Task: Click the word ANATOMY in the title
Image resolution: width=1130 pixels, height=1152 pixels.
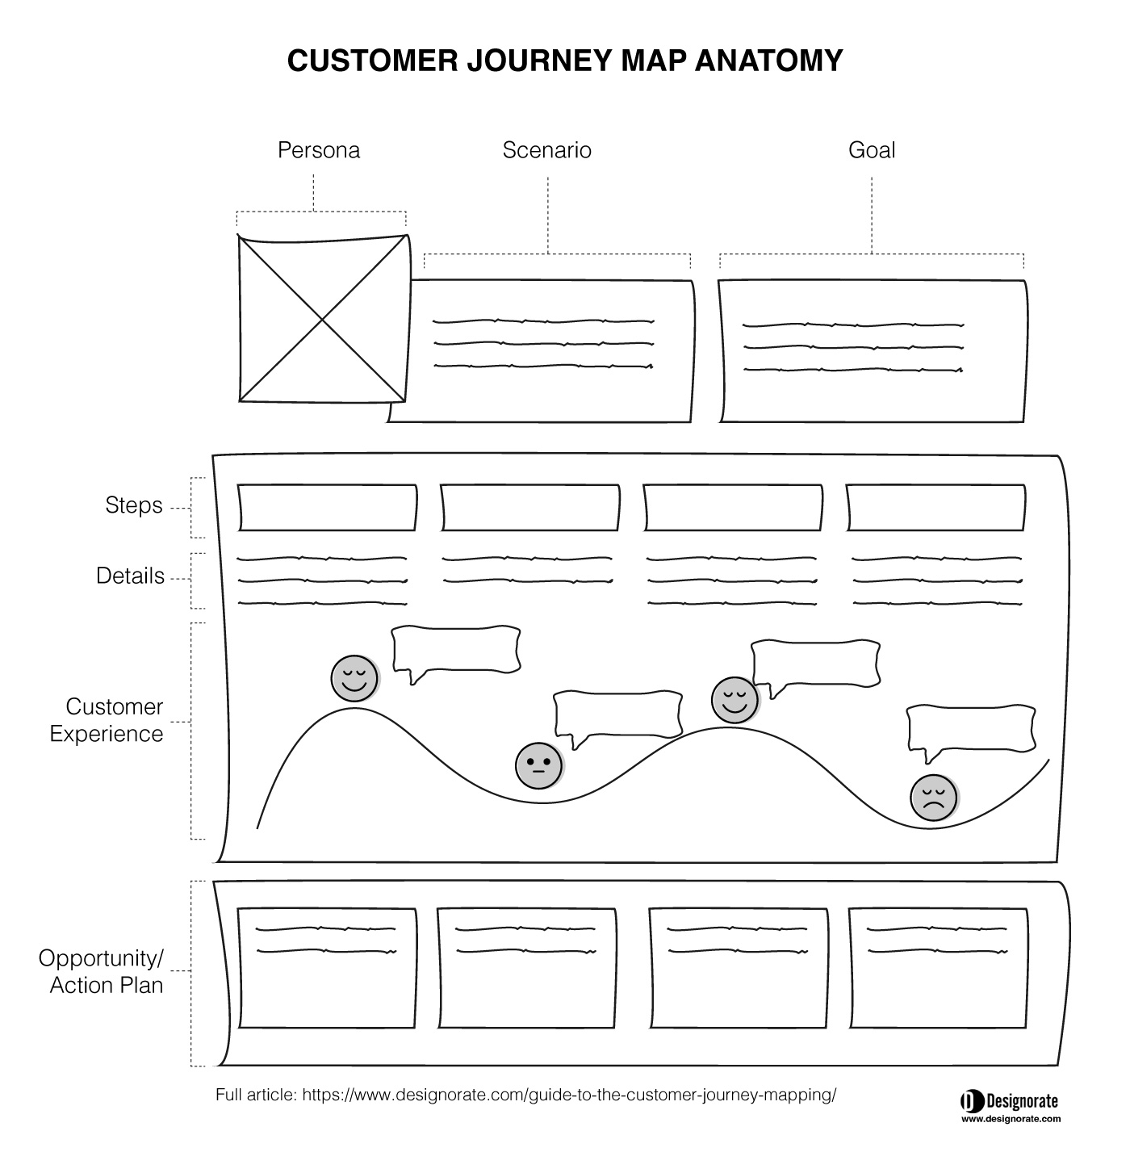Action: point(768,61)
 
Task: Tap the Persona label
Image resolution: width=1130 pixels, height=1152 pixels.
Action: point(319,150)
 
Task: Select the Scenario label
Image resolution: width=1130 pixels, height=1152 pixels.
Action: point(546,150)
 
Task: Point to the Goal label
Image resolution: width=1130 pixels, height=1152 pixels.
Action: point(872,150)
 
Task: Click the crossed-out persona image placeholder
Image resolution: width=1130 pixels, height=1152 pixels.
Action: point(324,319)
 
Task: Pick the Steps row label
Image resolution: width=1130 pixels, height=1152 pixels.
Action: point(134,505)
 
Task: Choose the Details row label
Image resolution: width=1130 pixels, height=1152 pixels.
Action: point(130,576)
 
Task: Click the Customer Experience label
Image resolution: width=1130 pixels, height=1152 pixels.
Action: point(107,720)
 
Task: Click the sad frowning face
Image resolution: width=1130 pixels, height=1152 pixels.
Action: point(933,798)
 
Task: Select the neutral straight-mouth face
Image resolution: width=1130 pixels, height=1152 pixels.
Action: point(538,766)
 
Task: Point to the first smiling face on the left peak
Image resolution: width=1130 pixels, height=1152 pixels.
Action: point(354,679)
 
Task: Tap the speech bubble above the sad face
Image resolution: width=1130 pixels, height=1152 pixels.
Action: point(972,731)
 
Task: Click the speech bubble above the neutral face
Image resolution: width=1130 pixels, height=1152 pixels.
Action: point(618,717)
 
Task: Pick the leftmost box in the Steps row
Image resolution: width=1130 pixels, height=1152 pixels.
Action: point(327,508)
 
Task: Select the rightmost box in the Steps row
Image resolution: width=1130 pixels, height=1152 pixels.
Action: point(935,508)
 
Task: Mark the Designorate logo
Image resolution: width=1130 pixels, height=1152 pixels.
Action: point(1010,1100)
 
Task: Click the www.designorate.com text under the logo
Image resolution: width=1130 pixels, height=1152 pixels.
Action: point(1011,1119)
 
